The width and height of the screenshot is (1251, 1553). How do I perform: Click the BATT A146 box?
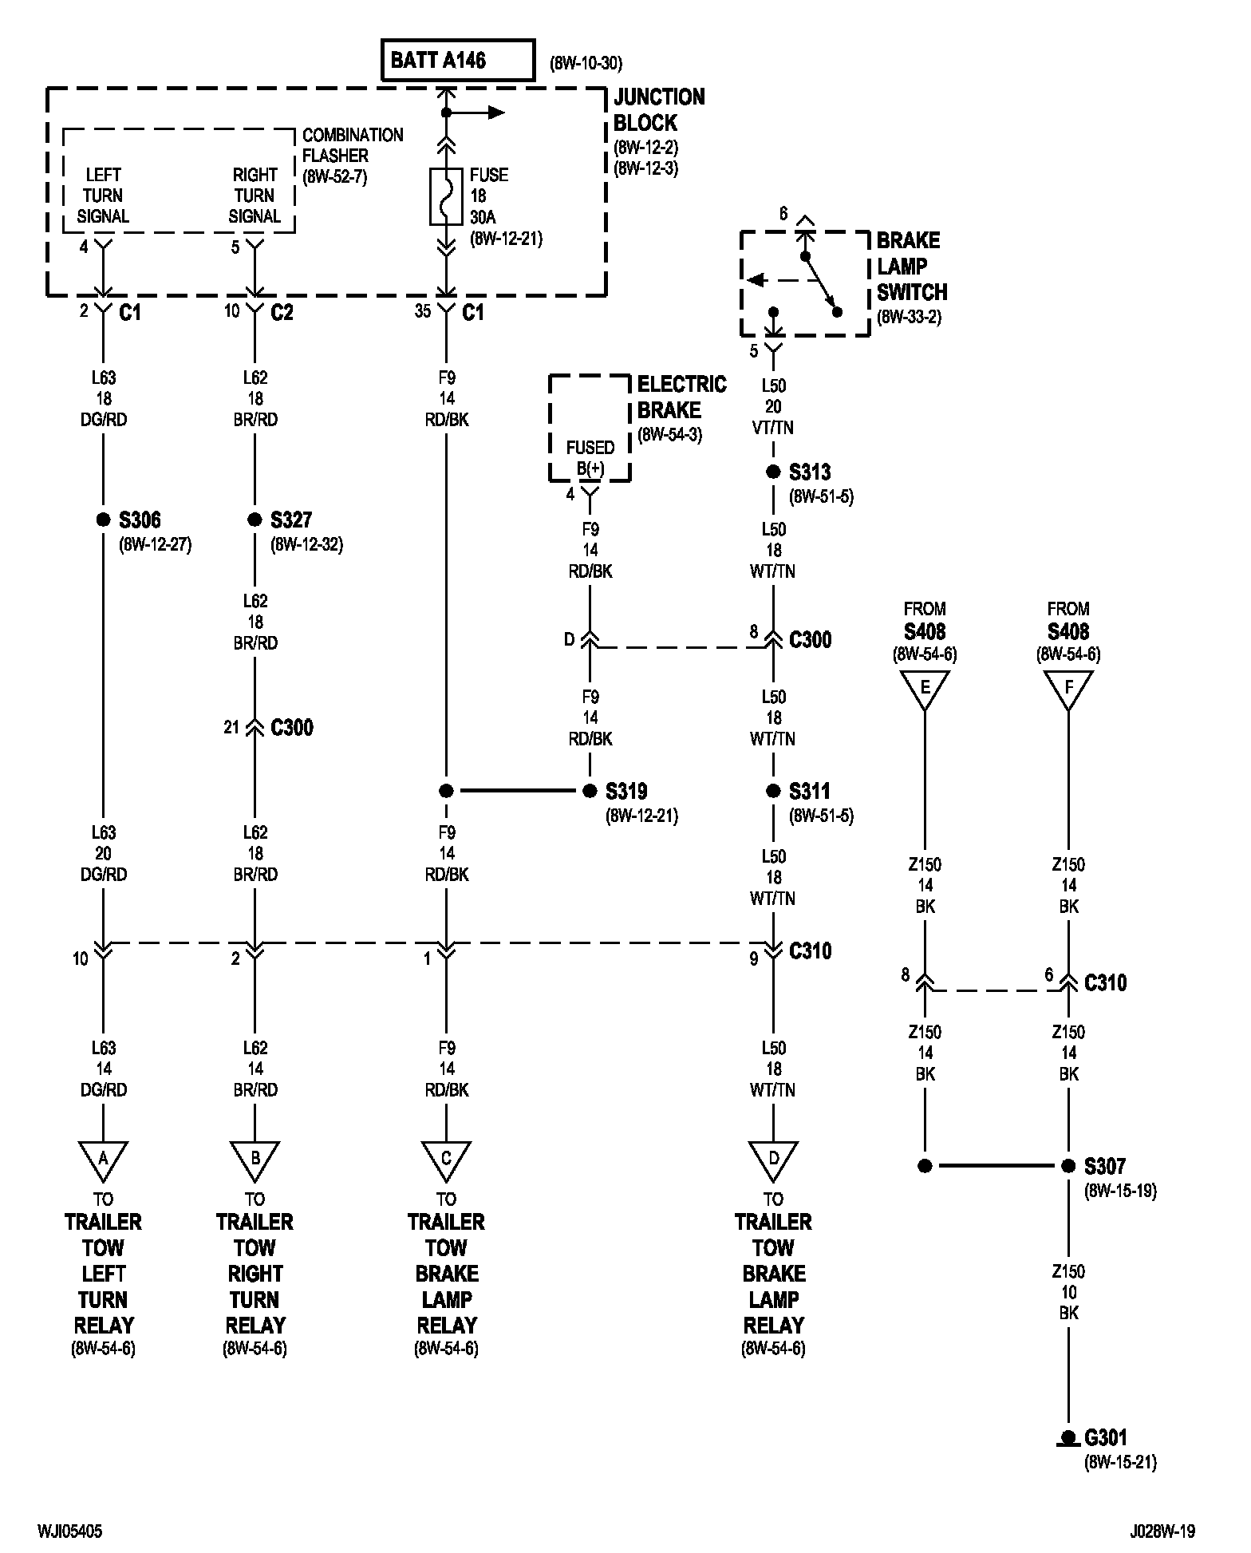coord(458,61)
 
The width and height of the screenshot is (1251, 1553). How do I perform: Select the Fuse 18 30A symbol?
coord(446,196)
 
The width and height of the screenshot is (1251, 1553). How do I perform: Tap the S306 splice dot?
coord(103,520)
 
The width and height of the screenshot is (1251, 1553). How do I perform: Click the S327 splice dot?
coord(255,520)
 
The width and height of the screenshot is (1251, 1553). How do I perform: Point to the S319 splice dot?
coord(590,791)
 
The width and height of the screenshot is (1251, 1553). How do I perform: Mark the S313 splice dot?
coord(773,472)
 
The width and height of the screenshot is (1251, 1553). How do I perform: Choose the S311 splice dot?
coord(773,791)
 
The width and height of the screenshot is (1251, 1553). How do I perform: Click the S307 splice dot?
coord(1068,1166)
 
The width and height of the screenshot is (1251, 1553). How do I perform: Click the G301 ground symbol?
coord(1067,1439)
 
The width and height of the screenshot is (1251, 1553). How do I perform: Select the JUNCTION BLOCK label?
coord(659,110)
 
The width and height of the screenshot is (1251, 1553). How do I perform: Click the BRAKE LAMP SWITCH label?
coord(912,267)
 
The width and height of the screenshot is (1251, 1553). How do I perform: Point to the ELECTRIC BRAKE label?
coord(682,397)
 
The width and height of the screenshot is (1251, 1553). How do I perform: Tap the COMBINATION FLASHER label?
coord(353,145)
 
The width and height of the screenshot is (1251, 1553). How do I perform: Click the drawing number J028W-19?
coord(1162,1531)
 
